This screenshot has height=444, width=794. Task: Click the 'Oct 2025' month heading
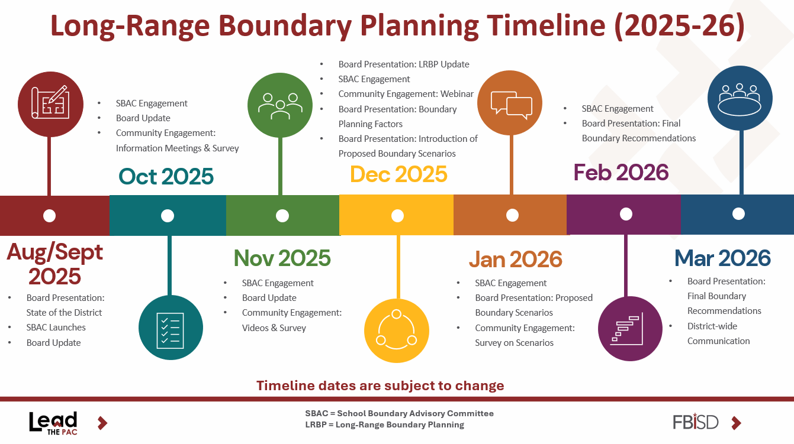coord(166,177)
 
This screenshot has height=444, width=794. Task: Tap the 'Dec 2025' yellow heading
coord(398,174)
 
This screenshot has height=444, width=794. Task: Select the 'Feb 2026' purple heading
coord(621,173)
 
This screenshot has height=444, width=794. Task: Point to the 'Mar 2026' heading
coord(722,258)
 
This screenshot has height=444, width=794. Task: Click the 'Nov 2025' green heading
coord(282,258)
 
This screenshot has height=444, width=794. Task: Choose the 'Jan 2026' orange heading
coord(515,259)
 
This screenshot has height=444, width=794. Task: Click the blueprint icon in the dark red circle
coord(50,103)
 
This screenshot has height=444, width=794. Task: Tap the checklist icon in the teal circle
coord(170,330)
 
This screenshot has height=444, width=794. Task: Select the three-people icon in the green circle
coord(281,106)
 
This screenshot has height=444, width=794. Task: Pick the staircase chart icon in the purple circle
coord(627,329)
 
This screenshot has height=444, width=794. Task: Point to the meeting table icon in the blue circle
coord(740,99)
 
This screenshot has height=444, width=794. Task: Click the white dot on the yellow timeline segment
coord(397,216)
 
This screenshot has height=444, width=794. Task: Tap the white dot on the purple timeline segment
coord(626,214)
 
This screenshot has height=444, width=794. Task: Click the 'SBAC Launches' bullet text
coord(56,328)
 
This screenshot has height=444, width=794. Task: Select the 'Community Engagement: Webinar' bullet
coord(406,94)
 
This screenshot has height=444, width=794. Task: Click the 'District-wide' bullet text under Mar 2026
coord(712,326)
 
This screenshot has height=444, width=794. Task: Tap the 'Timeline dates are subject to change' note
coord(380,385)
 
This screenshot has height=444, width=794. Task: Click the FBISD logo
coord(696,422)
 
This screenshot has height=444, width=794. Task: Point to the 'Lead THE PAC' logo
coord(53,423)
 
